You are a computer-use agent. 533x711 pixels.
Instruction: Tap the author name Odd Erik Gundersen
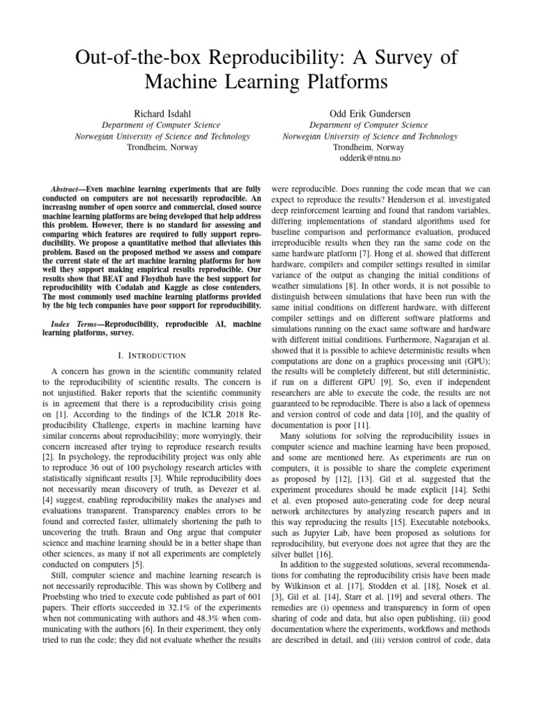tap(371, 111)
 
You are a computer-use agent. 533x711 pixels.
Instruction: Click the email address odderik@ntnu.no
tap(371, 158)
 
